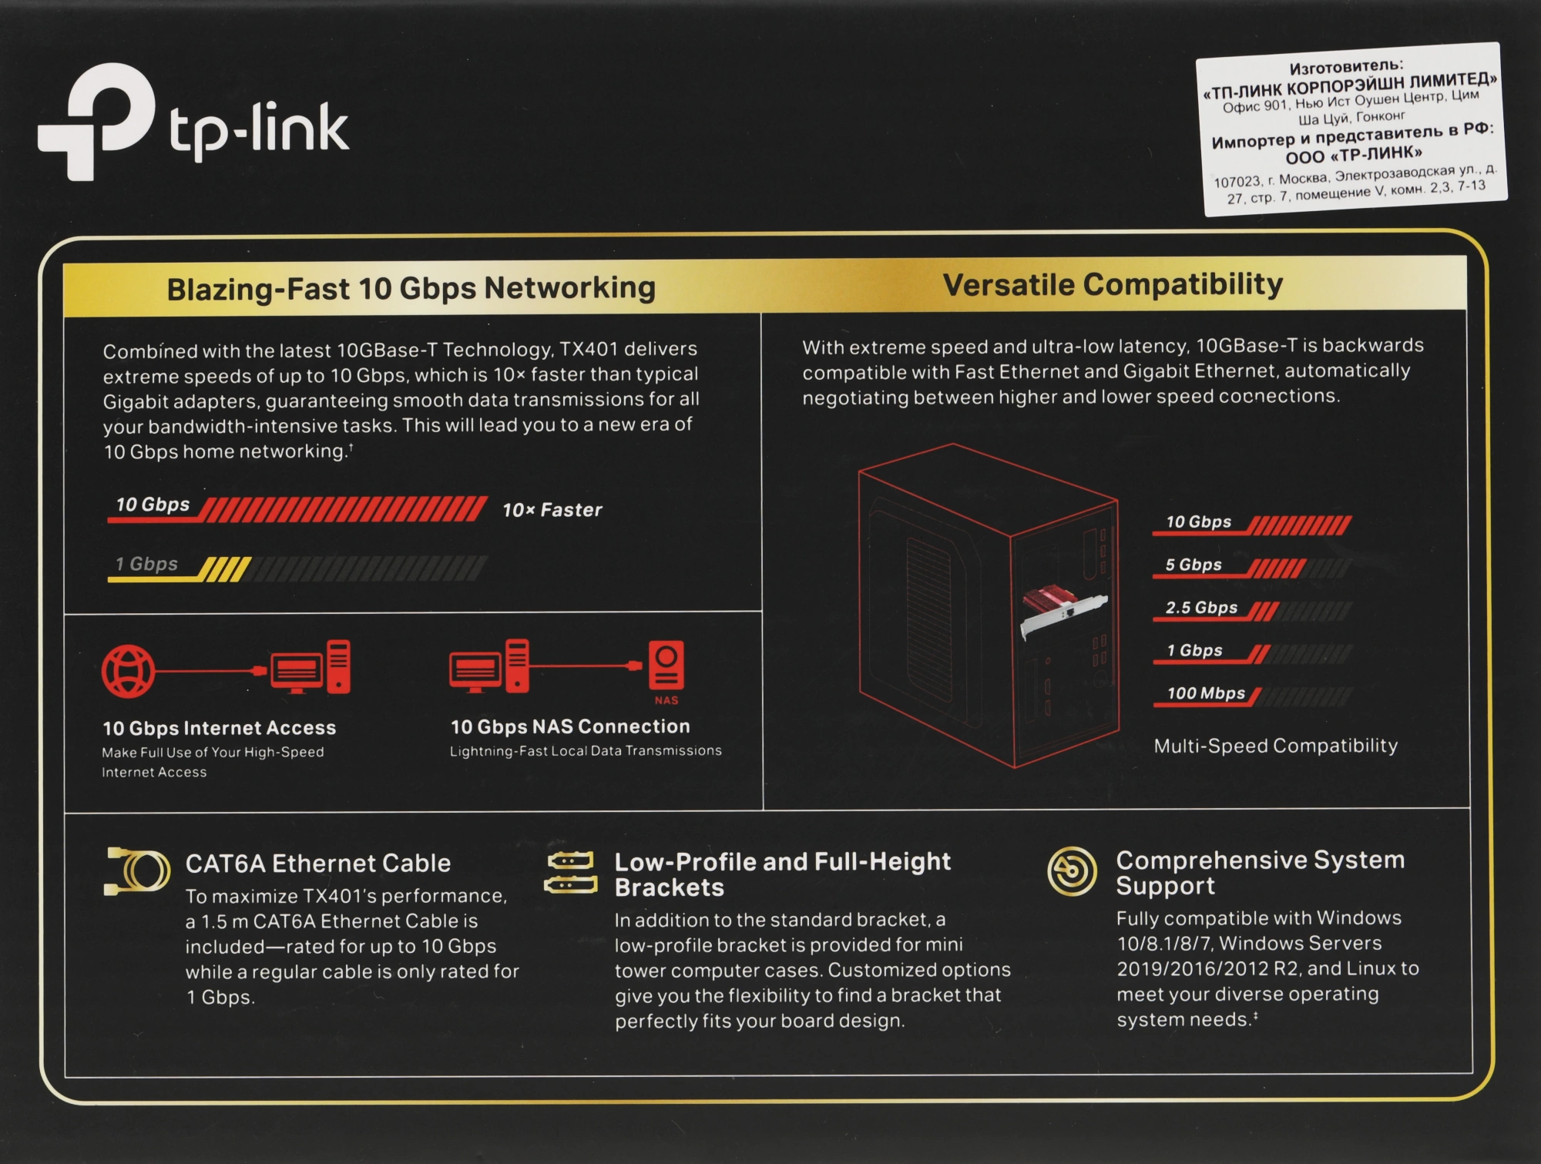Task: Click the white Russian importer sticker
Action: click(1352, 129)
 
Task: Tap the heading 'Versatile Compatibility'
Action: click(1113, 284)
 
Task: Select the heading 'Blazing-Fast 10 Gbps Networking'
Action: click(411, 288)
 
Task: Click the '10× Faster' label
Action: click(552, 510)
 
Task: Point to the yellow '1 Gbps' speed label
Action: click(146, 564)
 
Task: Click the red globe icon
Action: click(129, 671)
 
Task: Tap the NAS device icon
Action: click(666, 666)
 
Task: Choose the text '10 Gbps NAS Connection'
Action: click(570, 726)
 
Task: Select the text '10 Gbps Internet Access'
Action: click(219, 728)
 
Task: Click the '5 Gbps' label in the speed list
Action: click(1193, 565)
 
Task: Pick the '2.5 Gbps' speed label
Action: click(1200, 608)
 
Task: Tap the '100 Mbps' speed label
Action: click(1205, 693)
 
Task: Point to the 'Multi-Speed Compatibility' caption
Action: click(1275, 746)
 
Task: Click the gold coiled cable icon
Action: click(137, 870)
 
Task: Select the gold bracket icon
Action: click(571, 872)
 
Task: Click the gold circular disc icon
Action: click(1071, 871)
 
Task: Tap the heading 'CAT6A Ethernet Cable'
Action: click(317, 864)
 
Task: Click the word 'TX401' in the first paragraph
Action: click(589, 349)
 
